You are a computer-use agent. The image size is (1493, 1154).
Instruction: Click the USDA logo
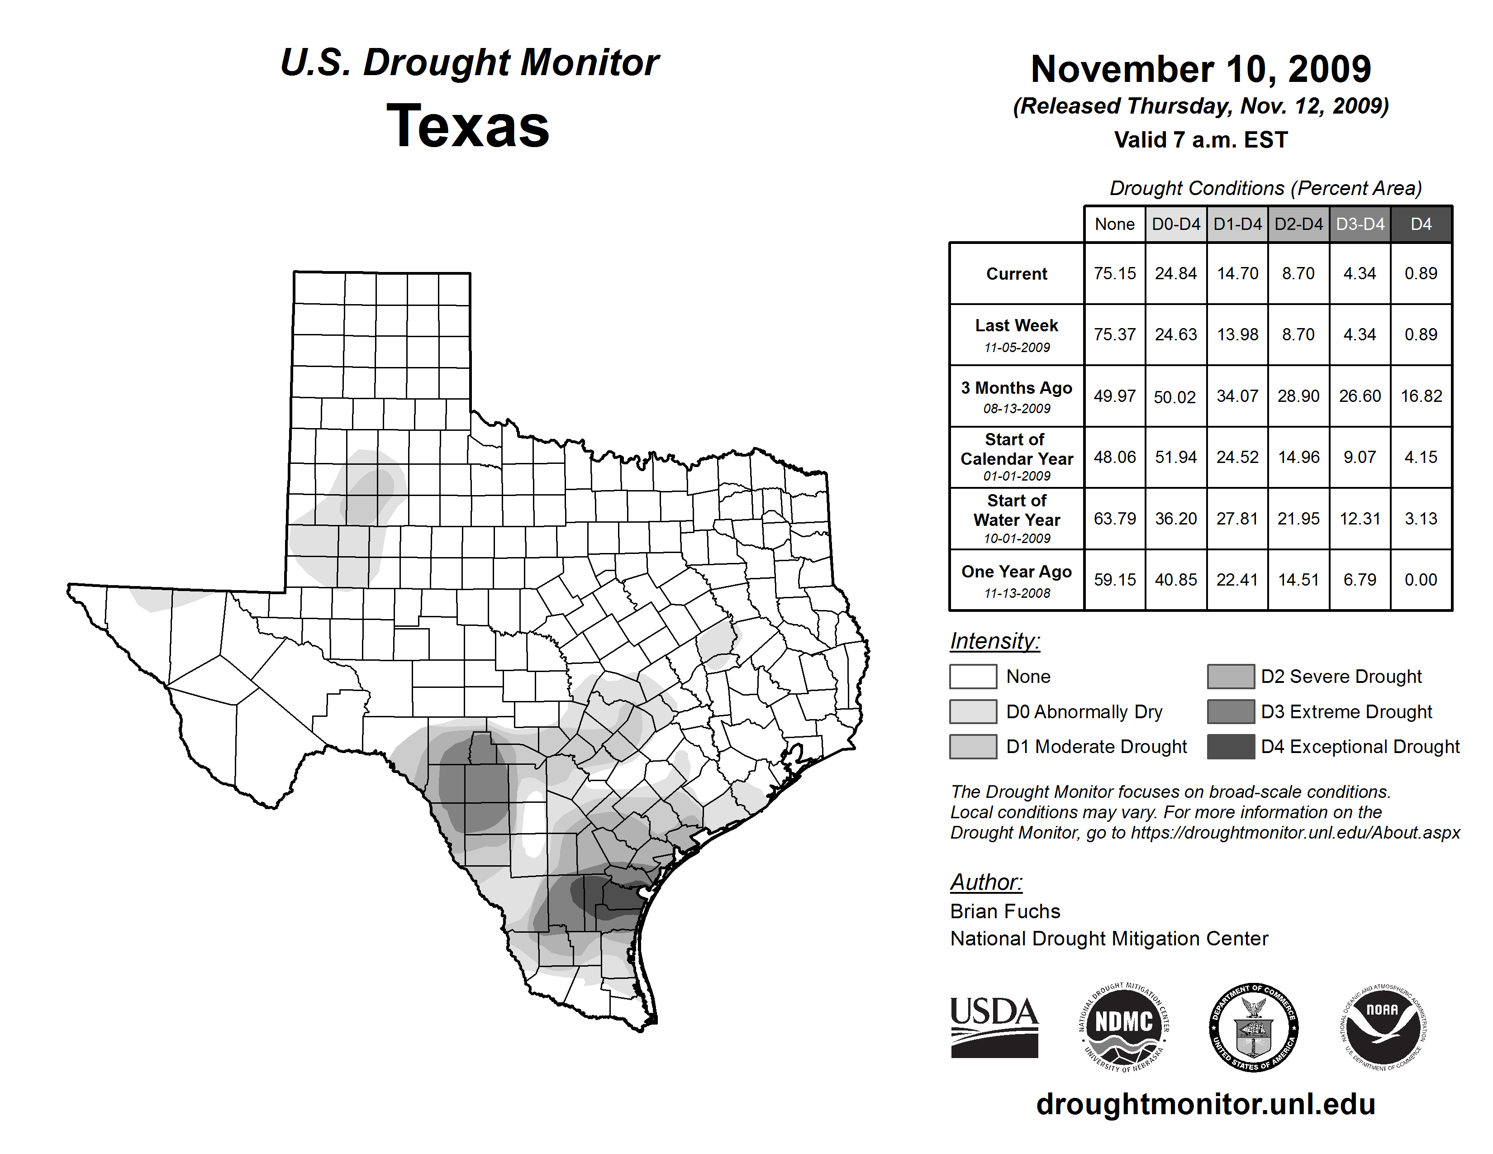coord(994,1027)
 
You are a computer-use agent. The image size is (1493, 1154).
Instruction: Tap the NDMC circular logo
coord(1124,1027)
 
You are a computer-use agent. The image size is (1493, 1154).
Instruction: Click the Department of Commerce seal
coord(1253,1027)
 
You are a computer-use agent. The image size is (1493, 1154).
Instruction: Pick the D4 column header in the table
coord(1421,224)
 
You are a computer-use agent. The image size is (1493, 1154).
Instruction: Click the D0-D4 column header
coord(1176,224)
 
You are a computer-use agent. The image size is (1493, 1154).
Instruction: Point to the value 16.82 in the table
coord(1421,396)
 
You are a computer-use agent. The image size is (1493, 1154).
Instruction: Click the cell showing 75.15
coord(1114,273)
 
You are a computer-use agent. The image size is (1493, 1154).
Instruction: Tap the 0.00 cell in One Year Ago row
coord(1421,580)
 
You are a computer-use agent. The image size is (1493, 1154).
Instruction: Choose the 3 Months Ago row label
coord(1017,388)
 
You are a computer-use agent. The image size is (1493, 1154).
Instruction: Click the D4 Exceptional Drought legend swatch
coord(1231,747)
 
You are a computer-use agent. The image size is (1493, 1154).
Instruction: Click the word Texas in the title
coord(468,126)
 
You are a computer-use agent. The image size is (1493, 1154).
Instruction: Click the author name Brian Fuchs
coord(1005,911)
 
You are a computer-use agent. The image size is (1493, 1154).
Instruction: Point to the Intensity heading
coord(994,641)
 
